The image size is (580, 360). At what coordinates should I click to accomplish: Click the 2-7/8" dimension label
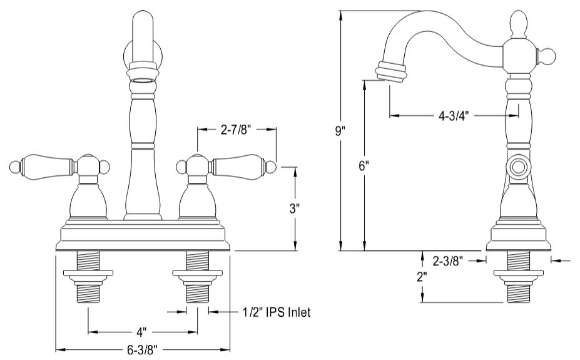(x=236, y=130)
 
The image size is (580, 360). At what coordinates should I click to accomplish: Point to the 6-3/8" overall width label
(x=143, y=350)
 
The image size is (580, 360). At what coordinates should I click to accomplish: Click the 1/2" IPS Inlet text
(x=276, y=312)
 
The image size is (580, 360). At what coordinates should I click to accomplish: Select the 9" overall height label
(x=340, y=131)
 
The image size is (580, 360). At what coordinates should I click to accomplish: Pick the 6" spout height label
(x=364, y=166)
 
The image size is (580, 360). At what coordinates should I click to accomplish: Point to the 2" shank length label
(x=423, y=276)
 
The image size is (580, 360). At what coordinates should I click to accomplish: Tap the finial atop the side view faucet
(x=519, y=24)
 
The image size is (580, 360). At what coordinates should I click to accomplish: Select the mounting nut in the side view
(x=519, y=273)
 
